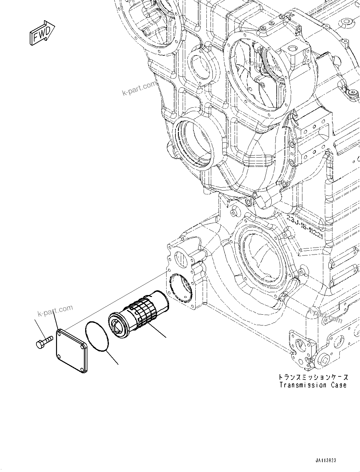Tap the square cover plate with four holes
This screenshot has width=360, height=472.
click(x=72, y=350)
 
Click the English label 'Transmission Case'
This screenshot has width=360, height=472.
click(x=313, y=385)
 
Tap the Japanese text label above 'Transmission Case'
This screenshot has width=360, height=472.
click(x=313, y=377)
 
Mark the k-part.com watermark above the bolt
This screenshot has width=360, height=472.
click(x=55, y=311)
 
